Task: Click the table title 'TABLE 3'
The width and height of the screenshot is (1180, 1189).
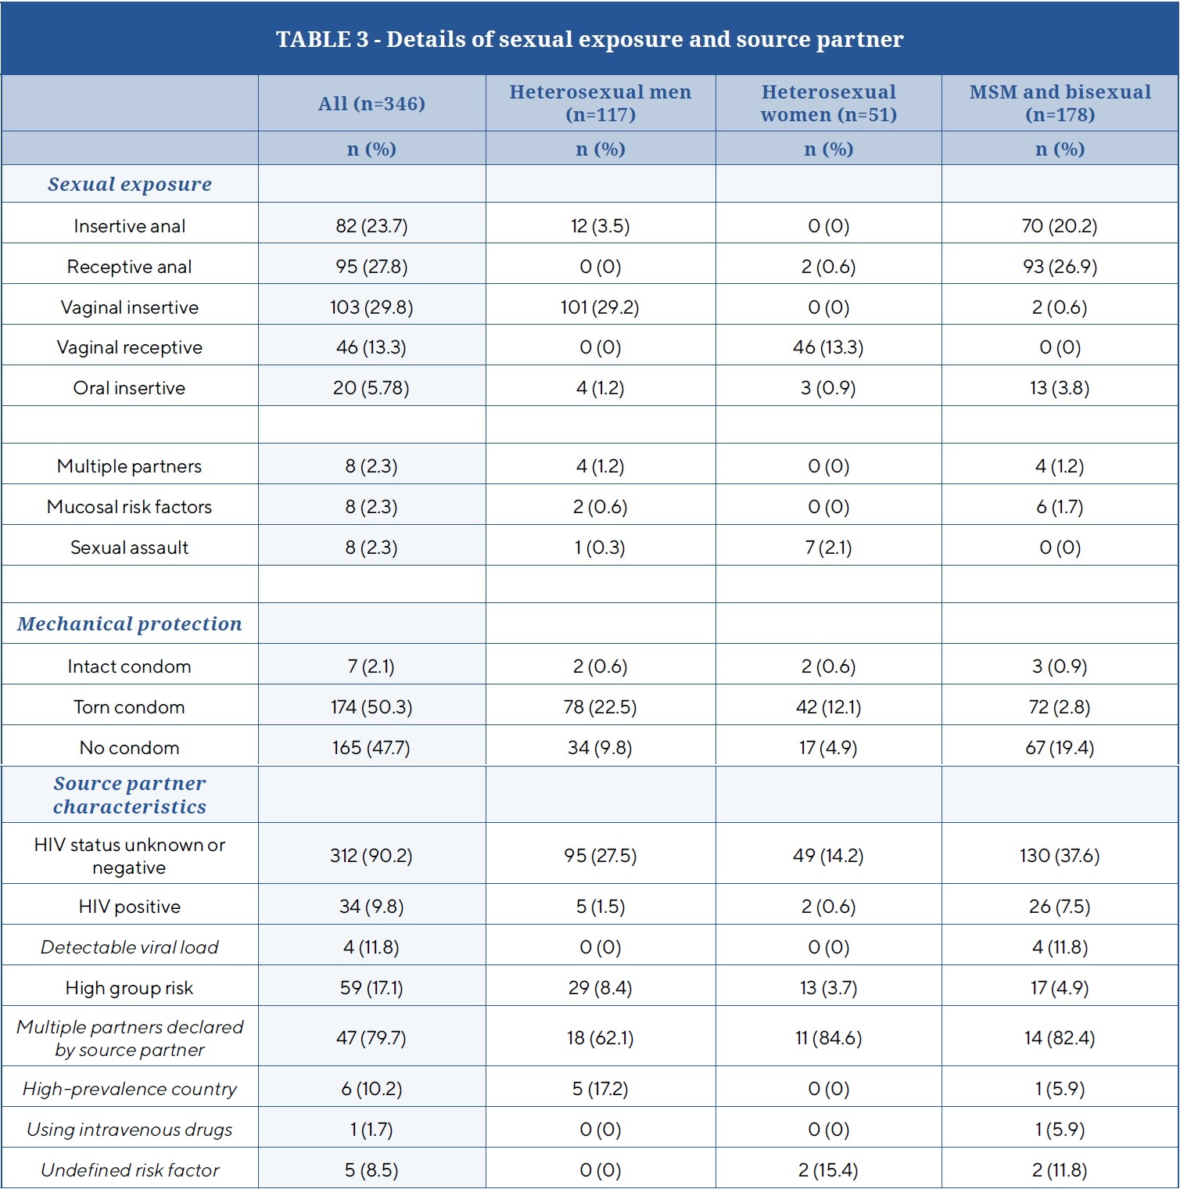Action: coord(589,39)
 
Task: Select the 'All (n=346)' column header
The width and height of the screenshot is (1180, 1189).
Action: coord(371,103)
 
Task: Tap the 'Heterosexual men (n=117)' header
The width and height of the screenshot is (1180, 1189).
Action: coord(600,103)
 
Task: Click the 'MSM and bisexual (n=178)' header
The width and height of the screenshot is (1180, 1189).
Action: coord(1060,103)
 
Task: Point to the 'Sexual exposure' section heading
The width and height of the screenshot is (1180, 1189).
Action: coord(130,185)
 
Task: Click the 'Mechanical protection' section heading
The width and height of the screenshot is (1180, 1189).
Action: coord(130,624)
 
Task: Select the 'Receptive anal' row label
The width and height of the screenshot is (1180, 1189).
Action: coord(130,267)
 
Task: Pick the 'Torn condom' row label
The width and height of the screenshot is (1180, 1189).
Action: coord(130,707)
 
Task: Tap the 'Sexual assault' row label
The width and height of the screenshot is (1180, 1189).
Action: coord(130,548)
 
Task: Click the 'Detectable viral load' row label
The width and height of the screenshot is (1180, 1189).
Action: coord(130,947)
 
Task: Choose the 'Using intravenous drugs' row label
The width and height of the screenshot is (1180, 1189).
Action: coord(130,1130)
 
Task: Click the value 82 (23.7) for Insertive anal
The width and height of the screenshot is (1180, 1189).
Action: coord(371,226)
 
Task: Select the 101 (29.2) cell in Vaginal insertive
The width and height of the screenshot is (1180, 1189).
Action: coord(600,307)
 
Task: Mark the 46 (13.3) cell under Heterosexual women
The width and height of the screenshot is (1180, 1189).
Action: coord(828,347)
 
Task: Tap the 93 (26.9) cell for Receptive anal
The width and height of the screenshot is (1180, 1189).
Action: coord(1060,267)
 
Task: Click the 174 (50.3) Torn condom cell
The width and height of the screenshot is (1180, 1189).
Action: coord(371,707)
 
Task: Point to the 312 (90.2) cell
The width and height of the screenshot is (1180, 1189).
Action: coord(371,856)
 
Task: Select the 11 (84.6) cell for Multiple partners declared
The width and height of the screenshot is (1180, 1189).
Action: coord(828,1038)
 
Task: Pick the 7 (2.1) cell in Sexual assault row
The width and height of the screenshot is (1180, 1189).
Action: coord(828,548)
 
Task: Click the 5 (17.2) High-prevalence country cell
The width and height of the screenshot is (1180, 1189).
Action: coord(600,1089)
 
